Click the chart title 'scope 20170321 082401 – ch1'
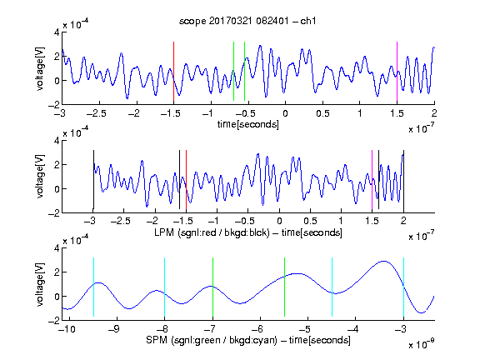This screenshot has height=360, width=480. tap(247, 21)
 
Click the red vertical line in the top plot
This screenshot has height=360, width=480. tap(173, 72)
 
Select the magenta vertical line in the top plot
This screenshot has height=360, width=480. tap(397, 72)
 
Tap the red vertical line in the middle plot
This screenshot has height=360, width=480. tap(186, 180)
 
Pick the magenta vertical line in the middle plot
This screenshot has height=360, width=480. tap(372, 180)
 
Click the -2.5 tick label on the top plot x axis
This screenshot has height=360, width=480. tap(96, 113)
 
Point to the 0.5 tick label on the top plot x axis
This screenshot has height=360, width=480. tap(322, 113)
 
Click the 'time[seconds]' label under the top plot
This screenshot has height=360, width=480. tap(248, 124)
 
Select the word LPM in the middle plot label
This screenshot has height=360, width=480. tap(164, 232)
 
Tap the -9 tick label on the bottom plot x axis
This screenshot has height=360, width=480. tap(115, 329)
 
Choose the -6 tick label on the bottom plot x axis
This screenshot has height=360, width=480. tap(258, 329)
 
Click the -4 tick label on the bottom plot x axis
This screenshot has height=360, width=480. tap(354, 329)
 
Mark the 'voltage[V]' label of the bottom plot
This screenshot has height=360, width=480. tap(40, 284)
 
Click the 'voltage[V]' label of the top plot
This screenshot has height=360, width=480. tap(40, 68)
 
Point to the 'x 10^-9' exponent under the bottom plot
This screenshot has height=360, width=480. tap(422, 344)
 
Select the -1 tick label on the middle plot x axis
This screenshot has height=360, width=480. tap(215, 221)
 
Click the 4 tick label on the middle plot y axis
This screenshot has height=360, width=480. tap(57, 141)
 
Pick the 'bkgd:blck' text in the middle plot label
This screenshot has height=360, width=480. tap(247, 232)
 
